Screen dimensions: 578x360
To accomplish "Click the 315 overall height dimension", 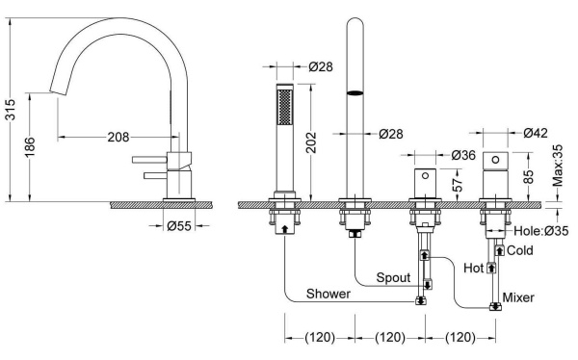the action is coord(12,110).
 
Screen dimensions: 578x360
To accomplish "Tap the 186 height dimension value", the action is coord(30,146).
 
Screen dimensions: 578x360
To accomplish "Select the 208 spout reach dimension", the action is coord(118,137).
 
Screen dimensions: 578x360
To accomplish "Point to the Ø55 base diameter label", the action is coord(179,225).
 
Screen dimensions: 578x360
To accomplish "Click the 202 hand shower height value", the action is coord(312,142).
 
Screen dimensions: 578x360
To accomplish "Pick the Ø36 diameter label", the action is coord(463,155).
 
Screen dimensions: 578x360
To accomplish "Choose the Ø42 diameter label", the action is coord(536,133).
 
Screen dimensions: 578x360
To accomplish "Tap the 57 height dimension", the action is coord(457,185).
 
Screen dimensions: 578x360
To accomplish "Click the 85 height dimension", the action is coord(528,177).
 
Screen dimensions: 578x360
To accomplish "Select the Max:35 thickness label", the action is coord(558,166).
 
